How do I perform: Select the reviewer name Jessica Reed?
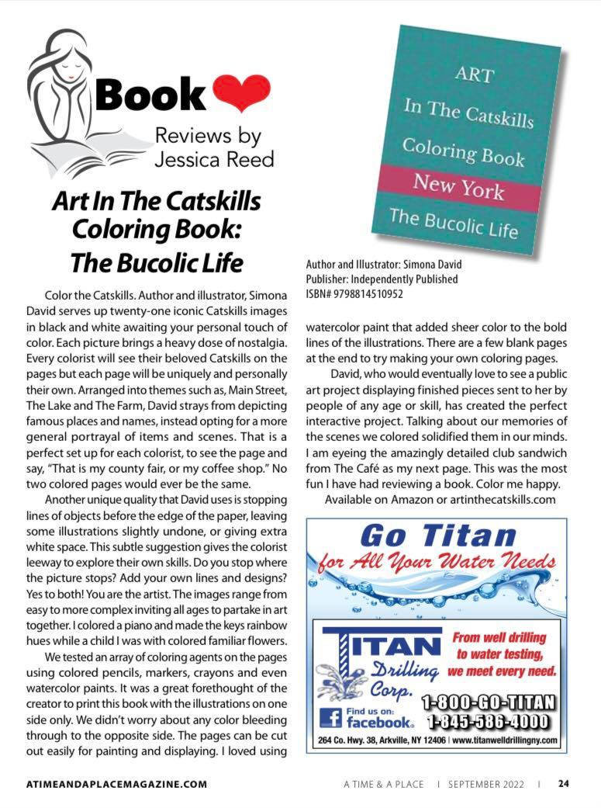(214, 159)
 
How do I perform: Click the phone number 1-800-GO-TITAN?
(489, 703)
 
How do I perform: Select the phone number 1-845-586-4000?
(489, 723)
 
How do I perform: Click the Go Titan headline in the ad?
(438, 535)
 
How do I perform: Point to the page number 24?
(565, 783)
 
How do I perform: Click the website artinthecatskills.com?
(499, 499)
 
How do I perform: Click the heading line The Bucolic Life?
(157, 262)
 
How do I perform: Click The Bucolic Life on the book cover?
(454, 221)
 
